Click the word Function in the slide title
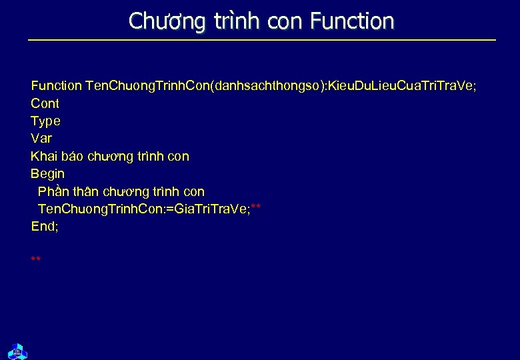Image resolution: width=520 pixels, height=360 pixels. (x=352, y=21)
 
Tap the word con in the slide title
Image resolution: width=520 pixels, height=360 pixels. (x=285, y=21)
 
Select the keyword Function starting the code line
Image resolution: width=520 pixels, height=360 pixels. (x=57, y=86)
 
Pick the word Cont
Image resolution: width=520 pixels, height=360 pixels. (x=45, y=103)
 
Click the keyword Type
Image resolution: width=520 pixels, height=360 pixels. (x=45, y=121)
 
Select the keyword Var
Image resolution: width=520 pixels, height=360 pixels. (x=41, y=139)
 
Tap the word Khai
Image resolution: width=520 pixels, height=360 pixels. (x=44, y=156)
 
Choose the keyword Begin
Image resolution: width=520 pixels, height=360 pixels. (x=47, y=173)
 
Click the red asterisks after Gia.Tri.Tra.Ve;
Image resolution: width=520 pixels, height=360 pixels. (x=255, y=208)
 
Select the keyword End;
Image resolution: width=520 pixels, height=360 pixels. (x=45, y=226)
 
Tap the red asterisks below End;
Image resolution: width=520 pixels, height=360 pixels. (x=36, y=259)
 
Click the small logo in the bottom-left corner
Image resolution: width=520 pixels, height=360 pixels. (x=17, y=349)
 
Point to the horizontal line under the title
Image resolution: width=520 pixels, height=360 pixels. (x=261, y=41)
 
